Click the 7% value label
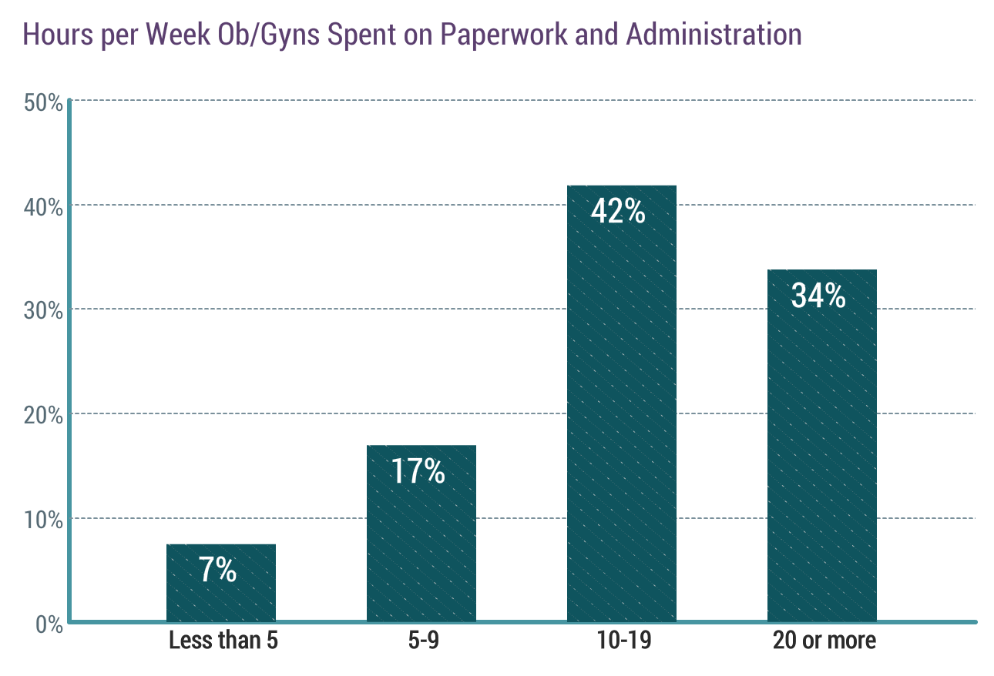click(x=217, y=571)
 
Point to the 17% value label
click(x=418, y=472)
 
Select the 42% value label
click(x=618, y=211)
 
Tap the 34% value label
click(x=818, y=296)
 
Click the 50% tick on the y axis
click(x=43, y=102)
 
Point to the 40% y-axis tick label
click(x=43, y=207)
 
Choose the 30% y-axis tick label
click(x=43, y=311)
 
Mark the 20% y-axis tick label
click(x=43, y=416)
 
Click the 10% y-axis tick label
click(x=43, y=520)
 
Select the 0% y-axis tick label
click(x=49, y=624)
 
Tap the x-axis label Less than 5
click(x=223, y=641)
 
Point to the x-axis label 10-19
click(x=621, y=641)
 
